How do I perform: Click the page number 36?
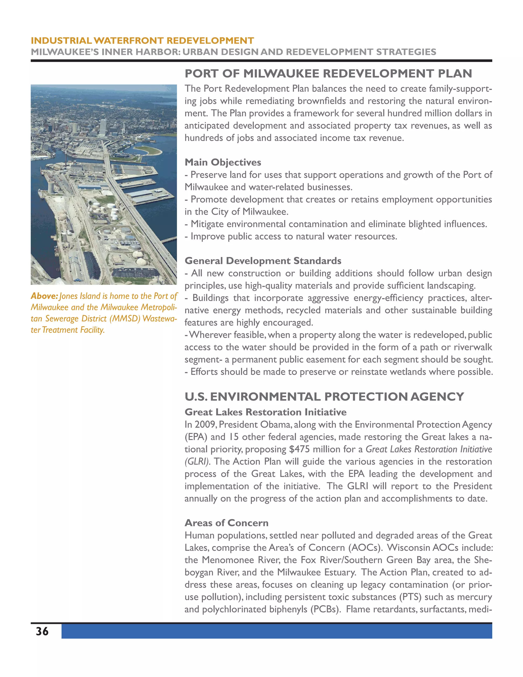click(42, 632)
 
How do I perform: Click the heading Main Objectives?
click(223, 162)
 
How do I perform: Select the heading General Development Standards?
click(263, 261)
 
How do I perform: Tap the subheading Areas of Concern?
click(227, 523)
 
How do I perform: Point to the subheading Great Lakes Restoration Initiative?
click(266, 412)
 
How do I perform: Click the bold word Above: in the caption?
click(44, 296)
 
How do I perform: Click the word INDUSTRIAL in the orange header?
click(61, 41)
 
